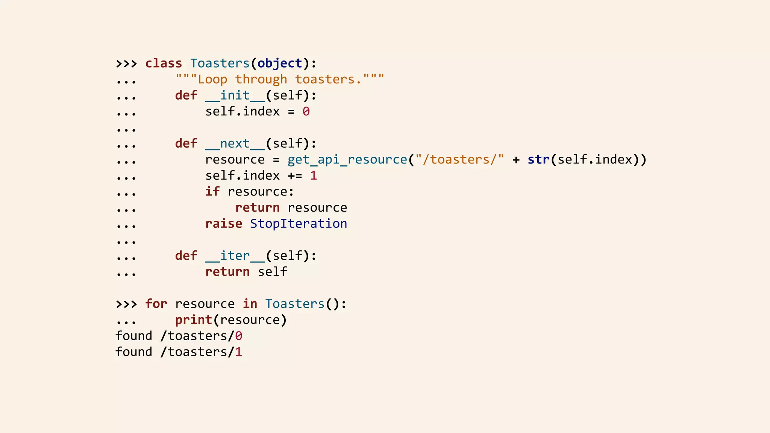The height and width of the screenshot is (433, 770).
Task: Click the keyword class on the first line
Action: click(164, 63)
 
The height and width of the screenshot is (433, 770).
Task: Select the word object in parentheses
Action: click(280, 63)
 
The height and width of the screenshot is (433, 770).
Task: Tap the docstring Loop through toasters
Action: click(280, 79)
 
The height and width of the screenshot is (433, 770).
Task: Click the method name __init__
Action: click(235, 95)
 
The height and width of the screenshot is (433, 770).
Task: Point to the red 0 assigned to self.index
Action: click(306, 112)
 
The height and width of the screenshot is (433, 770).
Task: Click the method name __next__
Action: click(235, 144)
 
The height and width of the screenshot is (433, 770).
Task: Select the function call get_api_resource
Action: click(347, 160)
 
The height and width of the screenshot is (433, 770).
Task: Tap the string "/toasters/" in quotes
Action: click(459, 160)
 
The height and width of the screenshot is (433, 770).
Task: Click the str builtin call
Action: click(538, 160)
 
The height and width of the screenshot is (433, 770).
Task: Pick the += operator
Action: click(295, 176)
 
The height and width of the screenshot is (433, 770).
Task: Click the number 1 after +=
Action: click(314, 176)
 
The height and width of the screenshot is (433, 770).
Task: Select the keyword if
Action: click(212, 192)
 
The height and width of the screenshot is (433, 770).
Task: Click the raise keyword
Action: click(224, 224)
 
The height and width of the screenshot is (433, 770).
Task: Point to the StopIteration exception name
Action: click(299, 224)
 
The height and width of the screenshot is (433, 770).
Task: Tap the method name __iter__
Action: click(235, 256)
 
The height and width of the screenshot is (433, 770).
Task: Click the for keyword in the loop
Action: click(156, 304)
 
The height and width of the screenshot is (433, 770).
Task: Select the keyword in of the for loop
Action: click(250, 304)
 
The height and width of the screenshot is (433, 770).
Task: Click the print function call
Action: click(194, 320)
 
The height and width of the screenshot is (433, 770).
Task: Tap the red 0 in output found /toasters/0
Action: click(239, 336)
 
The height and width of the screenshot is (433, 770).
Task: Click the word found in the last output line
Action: click(134, 352)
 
